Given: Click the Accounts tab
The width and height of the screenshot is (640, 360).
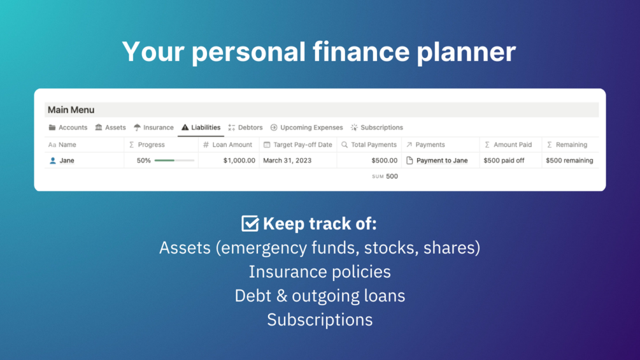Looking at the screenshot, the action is coord(68,127).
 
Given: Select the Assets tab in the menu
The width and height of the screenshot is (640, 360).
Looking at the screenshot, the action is coord(110,127).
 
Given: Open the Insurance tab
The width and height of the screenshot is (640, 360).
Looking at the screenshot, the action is coord(153,127).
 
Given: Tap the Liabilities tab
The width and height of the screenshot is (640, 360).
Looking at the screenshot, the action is coord(201,127).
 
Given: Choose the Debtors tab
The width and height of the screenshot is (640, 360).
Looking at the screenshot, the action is coord(245,127).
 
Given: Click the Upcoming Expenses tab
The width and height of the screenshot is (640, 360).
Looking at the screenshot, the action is coord(306,127).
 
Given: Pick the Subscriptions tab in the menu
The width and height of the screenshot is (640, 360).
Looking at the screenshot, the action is coord(377,127).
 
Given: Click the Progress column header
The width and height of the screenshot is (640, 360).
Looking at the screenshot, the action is coord(147,145).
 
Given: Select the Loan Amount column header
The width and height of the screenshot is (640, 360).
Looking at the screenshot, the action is coord(228,145).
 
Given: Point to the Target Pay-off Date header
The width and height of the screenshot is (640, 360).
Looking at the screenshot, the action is coord(298,145).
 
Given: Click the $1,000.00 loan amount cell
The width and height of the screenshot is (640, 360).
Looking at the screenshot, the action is coord(239,161).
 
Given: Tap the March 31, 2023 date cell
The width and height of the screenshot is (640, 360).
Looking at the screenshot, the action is coord(287,161).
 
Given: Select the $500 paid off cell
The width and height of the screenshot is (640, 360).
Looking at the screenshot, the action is coord(504,161).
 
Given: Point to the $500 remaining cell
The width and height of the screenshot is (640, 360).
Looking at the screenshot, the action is coord(569,161).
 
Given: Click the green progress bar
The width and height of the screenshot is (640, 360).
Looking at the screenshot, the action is coord(164,161).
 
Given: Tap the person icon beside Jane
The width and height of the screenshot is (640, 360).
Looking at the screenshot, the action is coord(53,161).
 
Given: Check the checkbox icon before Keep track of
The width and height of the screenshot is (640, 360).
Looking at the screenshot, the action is coord(250,223).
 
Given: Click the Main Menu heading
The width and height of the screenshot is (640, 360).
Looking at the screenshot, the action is coord(71,110).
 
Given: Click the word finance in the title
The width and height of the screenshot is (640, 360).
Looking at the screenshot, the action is coord(361,52).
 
